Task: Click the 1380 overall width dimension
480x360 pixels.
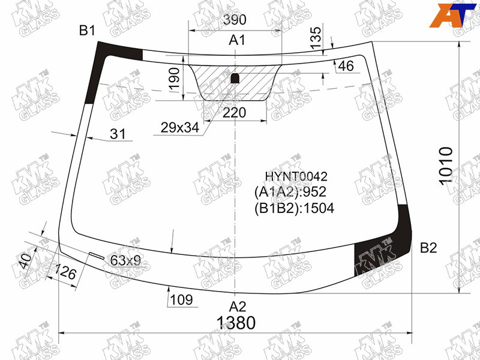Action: click(x=236, y=323)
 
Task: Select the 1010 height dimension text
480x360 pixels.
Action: click(x=446, y=166)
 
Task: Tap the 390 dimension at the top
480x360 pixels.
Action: click(x=235, y=20)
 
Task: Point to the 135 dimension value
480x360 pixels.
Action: click(x=316, y=38)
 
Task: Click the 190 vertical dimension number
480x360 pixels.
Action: click(x=174, y=79)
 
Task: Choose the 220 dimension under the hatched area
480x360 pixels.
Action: click(x=234, y=113)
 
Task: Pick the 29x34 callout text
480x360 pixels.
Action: click(x=179, y=127)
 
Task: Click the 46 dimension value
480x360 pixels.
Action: click(x=346, y=66)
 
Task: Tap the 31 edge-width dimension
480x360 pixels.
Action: click(x=118, y=134)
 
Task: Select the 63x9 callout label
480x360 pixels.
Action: click(x=125, y=260)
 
